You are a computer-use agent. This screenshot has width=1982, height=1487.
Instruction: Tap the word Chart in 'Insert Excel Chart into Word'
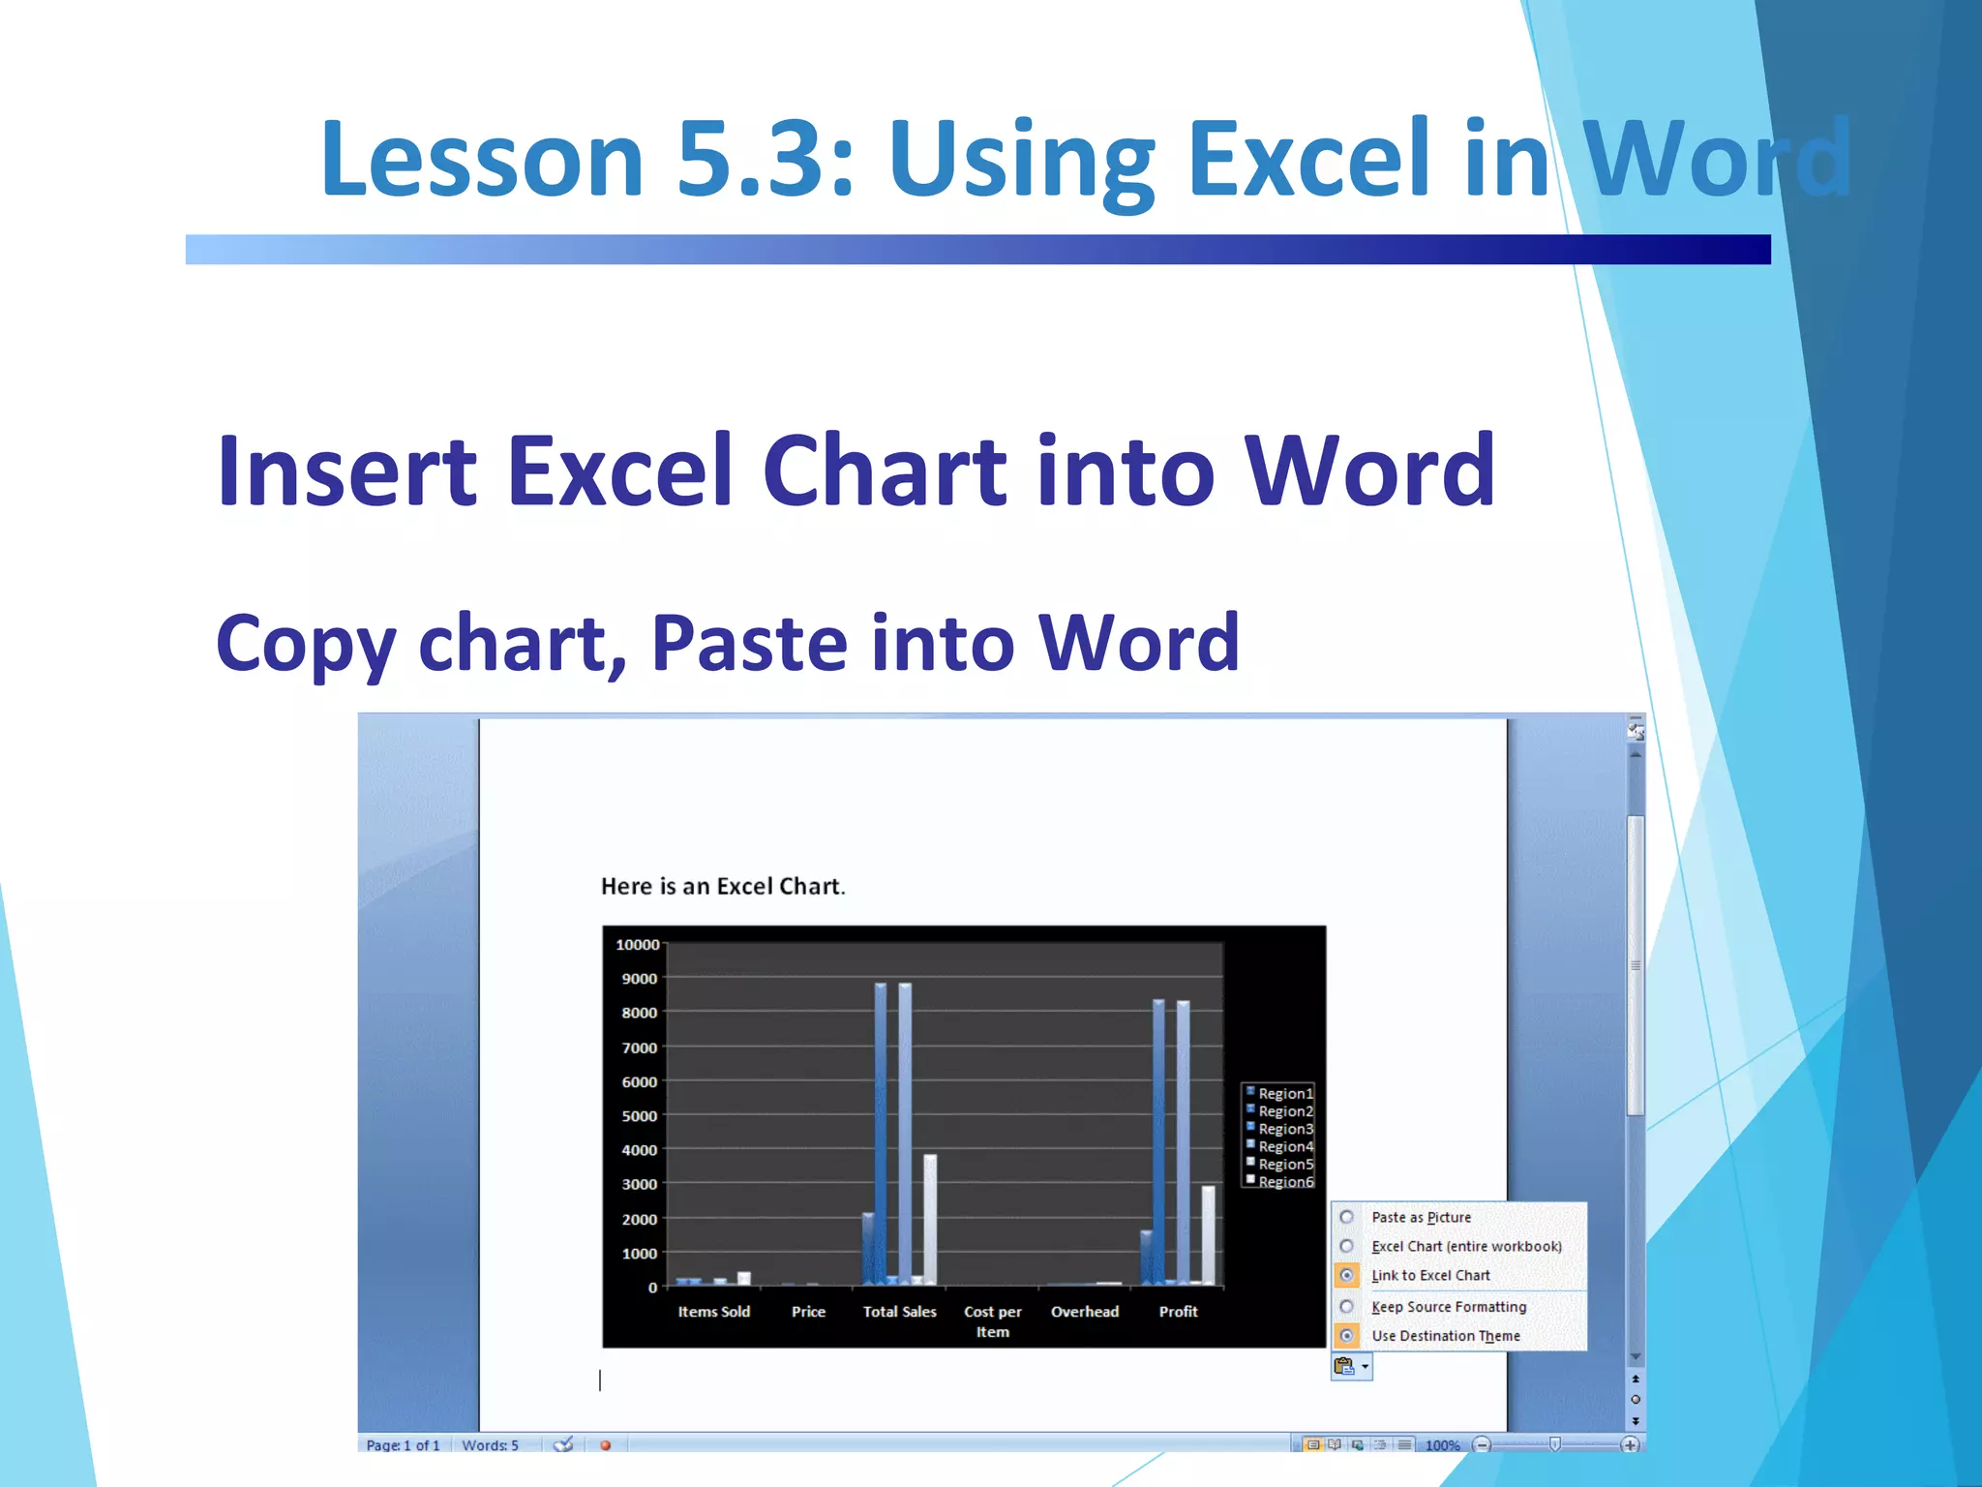pyautogui.click(x=885, y=471)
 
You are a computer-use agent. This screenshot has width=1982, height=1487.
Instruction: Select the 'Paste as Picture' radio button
pyautogui.click(x=1347, y=1217)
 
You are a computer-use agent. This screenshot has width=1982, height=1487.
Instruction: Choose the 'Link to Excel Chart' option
pyautogui.click(x=1347, y=1275)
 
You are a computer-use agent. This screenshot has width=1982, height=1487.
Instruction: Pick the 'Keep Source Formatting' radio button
pyautogui.click(x=1347, y=1306)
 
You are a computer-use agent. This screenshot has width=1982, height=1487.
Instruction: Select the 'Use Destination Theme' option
pyautogui.click(x=1347, y=1335)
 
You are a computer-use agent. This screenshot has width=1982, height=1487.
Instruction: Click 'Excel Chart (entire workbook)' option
pyautogui.click(x=1347, y=1246)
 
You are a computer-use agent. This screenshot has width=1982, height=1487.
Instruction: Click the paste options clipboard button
pyautogui.click(x=1345, y=1366)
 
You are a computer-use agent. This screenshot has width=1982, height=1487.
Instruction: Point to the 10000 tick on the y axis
pyautogui.click(x=638, y=945)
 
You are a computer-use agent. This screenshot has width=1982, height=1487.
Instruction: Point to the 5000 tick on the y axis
pyautogui.click(x=640, y=1116)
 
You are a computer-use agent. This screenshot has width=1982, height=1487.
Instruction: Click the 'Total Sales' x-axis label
pyautogui.click(x=899, y=1312)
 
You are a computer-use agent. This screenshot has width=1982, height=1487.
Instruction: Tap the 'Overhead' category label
pyautogui.click(x=1084, y=1312)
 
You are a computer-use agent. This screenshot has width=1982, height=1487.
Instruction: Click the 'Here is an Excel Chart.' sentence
pyautogui.click(x=722, y=887)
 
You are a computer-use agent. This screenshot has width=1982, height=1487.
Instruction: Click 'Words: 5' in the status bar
pyautogui.click(x=490, y=1445)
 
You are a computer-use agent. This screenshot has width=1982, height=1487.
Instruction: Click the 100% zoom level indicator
pyautogui.click(x=1441, y=1445)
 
